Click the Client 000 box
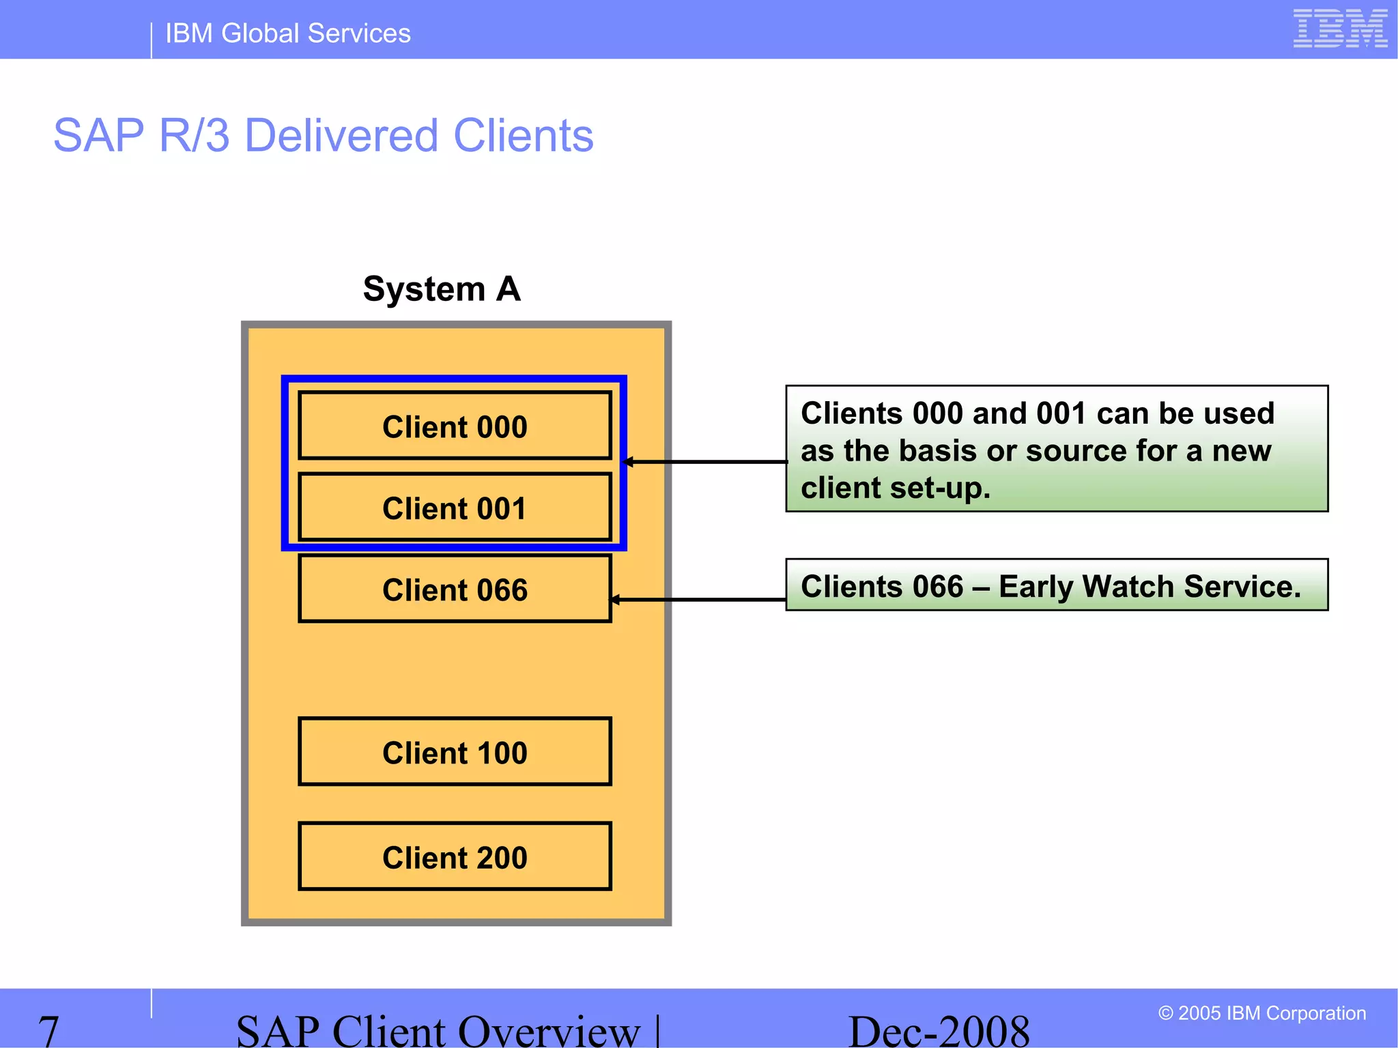tap(455, 426)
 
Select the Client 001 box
tap(455, 508)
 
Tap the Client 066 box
tap(455, 589)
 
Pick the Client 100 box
tap(455, 752)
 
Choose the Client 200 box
tap(455, 856)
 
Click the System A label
tap(442, 289)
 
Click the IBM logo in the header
tap(1339, 29)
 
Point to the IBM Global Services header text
tap(287, 33)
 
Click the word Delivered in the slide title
tap(341, 135)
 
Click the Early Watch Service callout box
tap(1056, 585)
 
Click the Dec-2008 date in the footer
tap(938, 1030)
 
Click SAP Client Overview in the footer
tap(438, 1030)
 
